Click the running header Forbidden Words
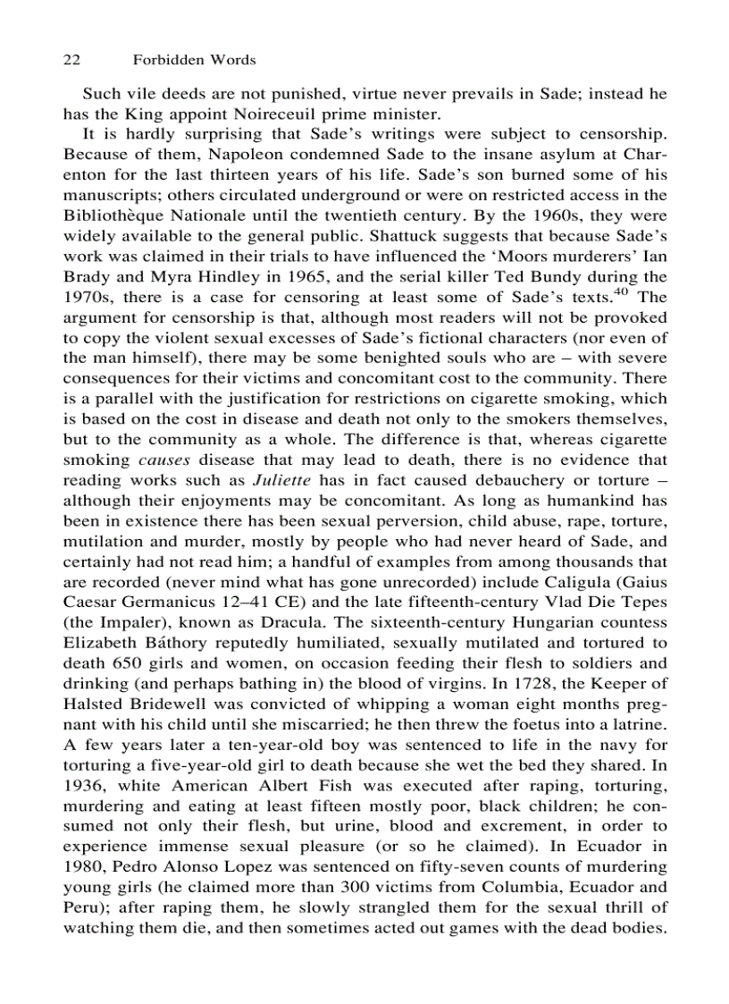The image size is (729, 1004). pyautogui.click(x=194, y=60)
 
